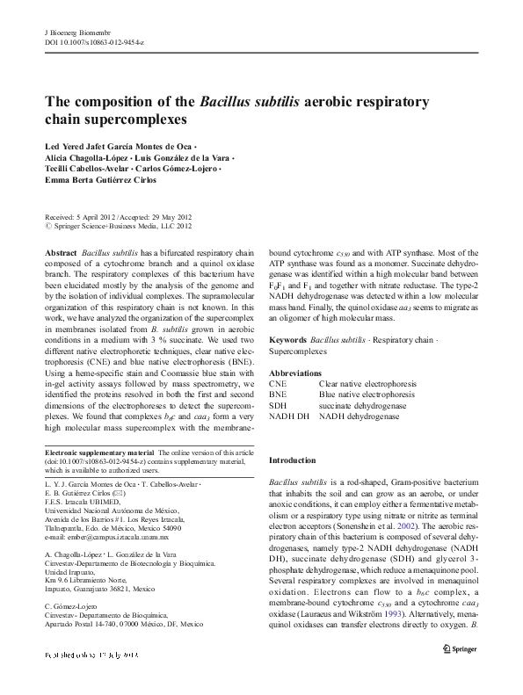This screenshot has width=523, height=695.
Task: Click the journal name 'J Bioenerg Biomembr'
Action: point(76,31)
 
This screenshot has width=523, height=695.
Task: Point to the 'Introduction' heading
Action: point(291,460)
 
